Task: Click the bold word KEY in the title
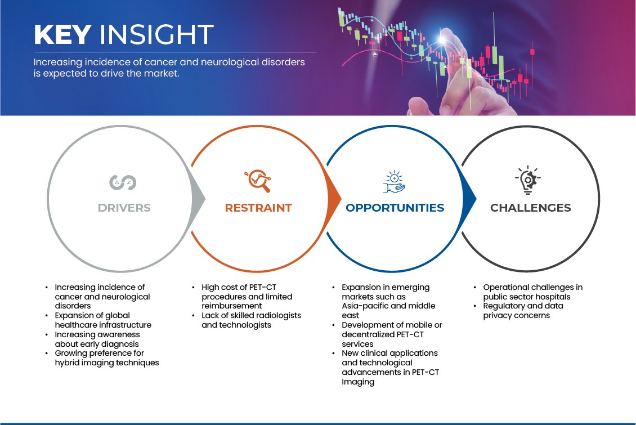coord(62,35)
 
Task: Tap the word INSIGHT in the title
coord(156,35)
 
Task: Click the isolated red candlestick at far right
coord(532,52)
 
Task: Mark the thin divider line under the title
coord(174,52)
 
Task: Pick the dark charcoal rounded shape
coord(535,197)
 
